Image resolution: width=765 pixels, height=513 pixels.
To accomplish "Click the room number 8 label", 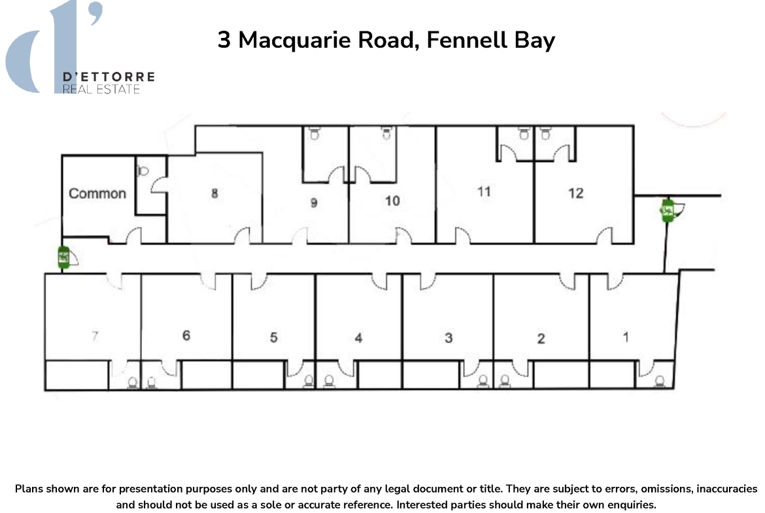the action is click(x=214, y=193).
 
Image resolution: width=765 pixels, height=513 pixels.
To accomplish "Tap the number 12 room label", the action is click(x=575, y=193).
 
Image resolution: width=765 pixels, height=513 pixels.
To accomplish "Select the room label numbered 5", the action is click(x=274, y=337).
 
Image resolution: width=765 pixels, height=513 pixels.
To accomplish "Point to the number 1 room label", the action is click(x=626, y=337).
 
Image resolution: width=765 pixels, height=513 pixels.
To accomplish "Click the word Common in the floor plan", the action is click(x=97, y=193).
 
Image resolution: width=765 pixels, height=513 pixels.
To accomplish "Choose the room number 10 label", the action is click(x=392, y=201).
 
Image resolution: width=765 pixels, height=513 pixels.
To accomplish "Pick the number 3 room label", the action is click(x=449, y=338).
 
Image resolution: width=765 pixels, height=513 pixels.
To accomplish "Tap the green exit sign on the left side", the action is click(x=63, y=257).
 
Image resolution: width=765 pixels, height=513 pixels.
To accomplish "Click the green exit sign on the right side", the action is click(x=668, y=210).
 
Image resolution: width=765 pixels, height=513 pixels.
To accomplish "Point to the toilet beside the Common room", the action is click(x=143, y=171).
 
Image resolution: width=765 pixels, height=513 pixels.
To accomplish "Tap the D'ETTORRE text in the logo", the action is click(x=109, y=76).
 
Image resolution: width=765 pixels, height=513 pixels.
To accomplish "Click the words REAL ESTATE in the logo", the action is click(x=101, y=90).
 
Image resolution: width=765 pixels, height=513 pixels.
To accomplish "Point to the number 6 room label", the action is click(x=186, y=335).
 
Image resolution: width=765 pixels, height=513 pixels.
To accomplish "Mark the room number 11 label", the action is click(x=484, y=191).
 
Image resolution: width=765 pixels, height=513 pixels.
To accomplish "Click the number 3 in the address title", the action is click(x=224, y=40).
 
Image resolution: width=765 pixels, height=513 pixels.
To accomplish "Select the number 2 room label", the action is click(x=541, y=339).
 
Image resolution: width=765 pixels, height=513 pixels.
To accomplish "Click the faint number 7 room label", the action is click(x=95, y=336).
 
